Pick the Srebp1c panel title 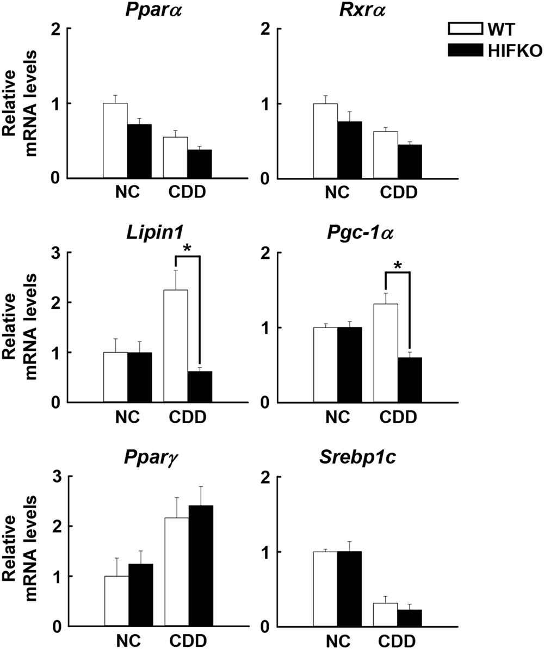(361, 458)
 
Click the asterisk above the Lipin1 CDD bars (188, 249)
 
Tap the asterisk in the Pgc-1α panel (397, 266)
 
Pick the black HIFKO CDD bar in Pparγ (200, 566)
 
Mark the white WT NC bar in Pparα (115, 140)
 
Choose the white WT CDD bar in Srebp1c (386, 615)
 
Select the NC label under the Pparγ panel (127, 640)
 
